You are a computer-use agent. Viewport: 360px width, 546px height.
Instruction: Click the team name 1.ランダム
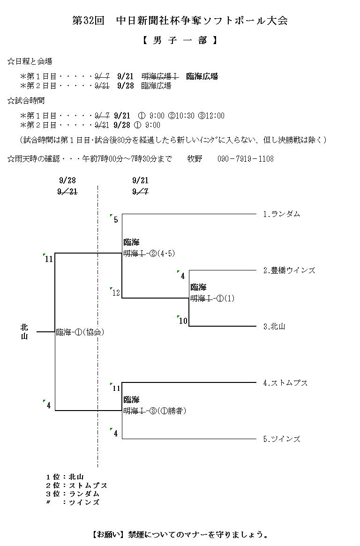pos(281,214)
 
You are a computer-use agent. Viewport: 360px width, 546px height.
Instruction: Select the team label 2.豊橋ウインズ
pos(289,270)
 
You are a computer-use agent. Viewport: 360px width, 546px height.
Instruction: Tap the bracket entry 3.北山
pos(274,327)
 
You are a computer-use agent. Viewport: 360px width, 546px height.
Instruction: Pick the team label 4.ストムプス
pos(285,383)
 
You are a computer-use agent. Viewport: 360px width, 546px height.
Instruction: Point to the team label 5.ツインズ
pos(281,439)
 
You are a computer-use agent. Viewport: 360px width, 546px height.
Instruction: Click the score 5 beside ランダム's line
pos(116,219)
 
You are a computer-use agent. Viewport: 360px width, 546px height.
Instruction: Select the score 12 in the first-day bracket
pos(116,293)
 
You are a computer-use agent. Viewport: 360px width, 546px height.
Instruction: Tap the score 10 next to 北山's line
pos(183,321)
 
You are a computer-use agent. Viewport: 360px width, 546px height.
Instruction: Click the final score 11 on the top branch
pos(49,259)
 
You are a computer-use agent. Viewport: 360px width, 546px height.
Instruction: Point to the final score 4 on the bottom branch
pos(48,405)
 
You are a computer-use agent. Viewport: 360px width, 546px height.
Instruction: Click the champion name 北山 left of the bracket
pos(24,332)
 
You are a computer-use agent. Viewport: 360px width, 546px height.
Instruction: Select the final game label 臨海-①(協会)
pos(80,332)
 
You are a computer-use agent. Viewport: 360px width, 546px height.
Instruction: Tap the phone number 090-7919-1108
pos(245,159)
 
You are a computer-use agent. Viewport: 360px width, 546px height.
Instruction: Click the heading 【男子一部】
pos(180,41)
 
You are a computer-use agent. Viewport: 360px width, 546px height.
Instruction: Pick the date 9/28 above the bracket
pos(67,180)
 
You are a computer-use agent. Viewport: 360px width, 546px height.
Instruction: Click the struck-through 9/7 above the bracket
pos(141,191)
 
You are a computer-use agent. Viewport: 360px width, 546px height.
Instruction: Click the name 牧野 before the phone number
pos(195,159)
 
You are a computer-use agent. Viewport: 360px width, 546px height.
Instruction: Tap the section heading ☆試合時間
pos(26,101)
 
